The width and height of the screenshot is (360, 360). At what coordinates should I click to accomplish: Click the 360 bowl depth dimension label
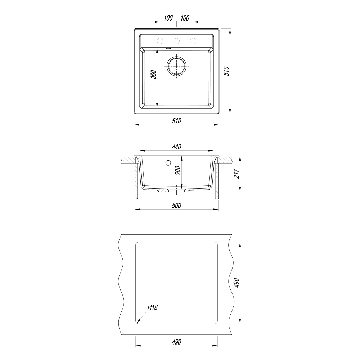pos(154,75)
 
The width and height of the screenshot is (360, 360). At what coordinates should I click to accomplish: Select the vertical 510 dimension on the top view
pos(226,71)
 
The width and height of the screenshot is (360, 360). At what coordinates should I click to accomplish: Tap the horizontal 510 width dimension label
pos(176,121)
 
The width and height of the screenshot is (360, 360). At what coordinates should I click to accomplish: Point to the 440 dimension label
pos(176,147)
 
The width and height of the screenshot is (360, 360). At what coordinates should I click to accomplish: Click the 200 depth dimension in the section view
pos(178,170)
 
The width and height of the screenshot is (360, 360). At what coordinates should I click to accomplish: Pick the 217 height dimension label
pos(237,174)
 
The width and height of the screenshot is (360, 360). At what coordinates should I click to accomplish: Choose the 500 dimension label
pos(176,206)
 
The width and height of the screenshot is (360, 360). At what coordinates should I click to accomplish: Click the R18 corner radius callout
pos(153,307)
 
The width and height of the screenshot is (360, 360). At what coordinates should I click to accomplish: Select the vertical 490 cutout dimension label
pos(237,283)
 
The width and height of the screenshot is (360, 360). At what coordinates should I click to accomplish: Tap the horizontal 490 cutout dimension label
pos(176,342)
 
